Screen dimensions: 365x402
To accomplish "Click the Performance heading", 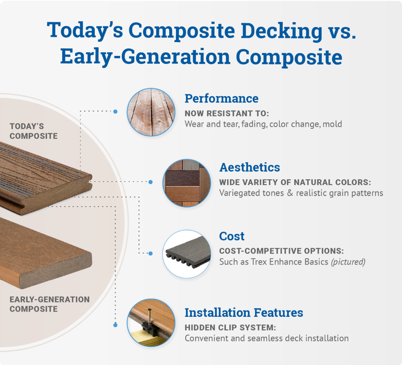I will [221, 98].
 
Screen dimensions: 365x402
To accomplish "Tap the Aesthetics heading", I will [249, 167].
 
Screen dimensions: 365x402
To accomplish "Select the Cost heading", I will [231, 236].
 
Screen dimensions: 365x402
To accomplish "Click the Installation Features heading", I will [243, 312].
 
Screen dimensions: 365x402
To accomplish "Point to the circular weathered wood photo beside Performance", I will [151, 111].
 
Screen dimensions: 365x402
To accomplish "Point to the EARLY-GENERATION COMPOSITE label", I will [49, 304].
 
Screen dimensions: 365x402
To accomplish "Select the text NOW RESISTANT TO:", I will [227, 113].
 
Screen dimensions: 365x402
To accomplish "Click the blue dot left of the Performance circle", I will [115, 111].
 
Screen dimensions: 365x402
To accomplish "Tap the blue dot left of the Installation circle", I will [115, 325].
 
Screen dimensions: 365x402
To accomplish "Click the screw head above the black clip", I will [150, 311].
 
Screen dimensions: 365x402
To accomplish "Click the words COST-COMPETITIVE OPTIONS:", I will [281, 252].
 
